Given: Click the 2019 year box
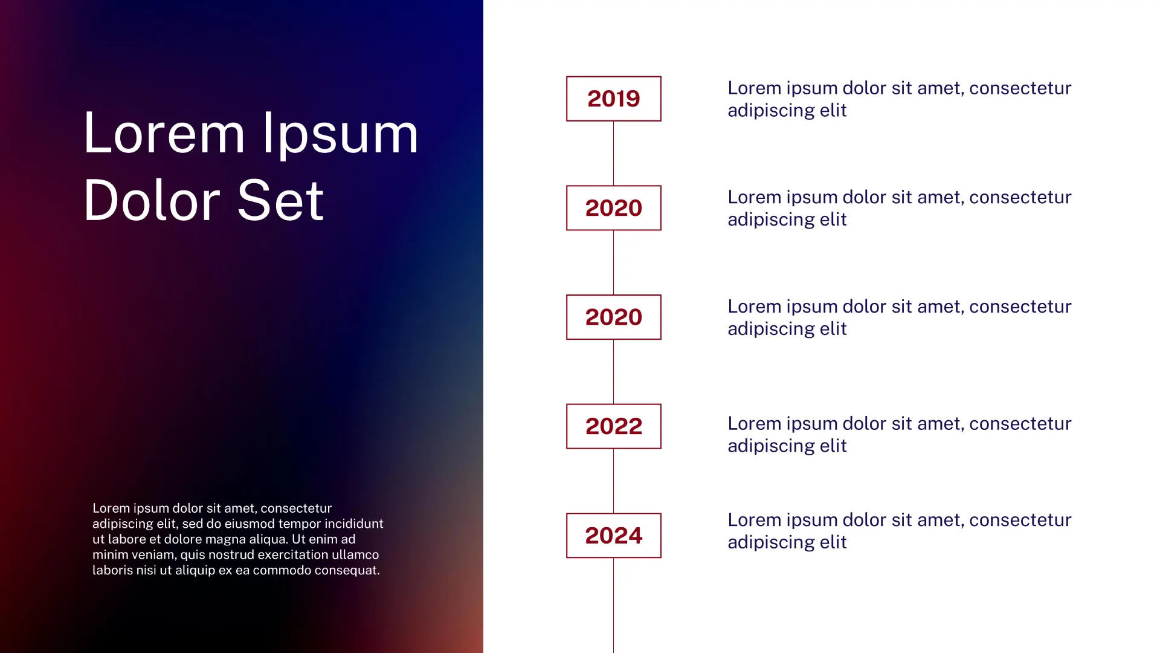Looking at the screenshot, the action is click(613, 99).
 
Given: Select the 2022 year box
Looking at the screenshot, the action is click(613, 426).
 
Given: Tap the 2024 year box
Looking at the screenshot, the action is click(613, 536).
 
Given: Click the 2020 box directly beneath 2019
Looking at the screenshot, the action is click(613, 208).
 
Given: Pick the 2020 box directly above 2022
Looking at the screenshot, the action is click(613, 317).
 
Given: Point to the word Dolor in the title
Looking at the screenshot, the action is click(152, 200).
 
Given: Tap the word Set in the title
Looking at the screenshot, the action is click(280, 200).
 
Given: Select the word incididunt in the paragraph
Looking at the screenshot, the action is click(354, 524).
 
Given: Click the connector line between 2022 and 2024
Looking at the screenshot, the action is click(613, 481).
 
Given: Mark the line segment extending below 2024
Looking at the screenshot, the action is click(613, 605).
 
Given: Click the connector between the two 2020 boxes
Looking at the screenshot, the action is click(613, 262).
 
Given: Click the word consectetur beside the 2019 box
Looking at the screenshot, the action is click(1020, 88).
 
